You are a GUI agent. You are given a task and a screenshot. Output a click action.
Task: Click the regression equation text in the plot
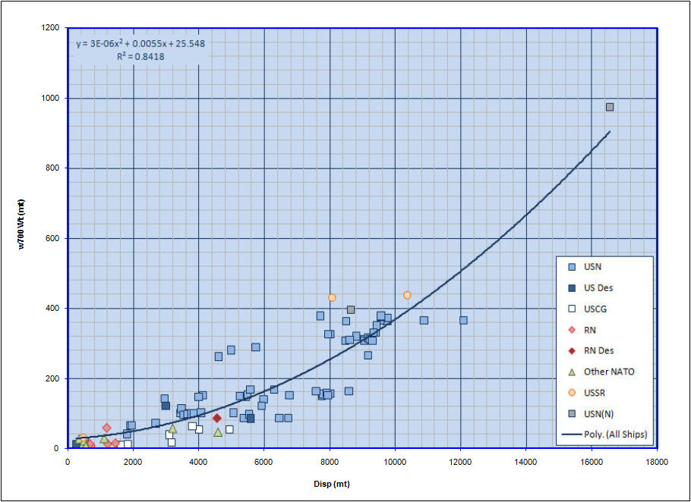point(140,43)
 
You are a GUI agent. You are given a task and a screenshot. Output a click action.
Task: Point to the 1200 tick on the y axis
point(52,28)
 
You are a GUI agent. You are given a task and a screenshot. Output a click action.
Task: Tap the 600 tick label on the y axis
point(55,238)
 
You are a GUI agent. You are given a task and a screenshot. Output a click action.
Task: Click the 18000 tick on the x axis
point(657,461)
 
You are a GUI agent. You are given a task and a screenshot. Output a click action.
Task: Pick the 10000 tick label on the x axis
point(395,461)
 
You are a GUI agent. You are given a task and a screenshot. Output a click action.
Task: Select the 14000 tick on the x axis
point(526,461)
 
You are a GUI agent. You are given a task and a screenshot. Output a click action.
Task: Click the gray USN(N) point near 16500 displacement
point(610,107)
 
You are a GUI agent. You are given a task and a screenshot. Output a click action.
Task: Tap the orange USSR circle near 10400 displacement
point(407,295)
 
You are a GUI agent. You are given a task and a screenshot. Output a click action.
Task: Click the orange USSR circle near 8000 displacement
point(332,298)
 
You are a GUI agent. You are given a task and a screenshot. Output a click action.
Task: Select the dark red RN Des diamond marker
point(217,418)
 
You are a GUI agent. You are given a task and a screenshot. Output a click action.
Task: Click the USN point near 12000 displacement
point(463,320)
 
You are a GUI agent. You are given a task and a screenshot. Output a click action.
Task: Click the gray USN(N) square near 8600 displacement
point(351,309)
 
